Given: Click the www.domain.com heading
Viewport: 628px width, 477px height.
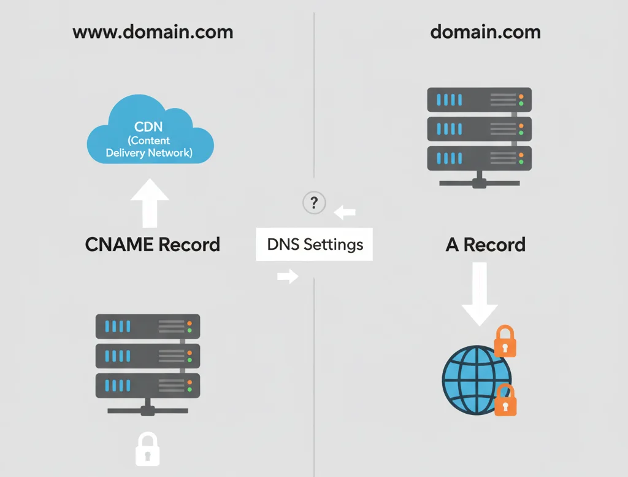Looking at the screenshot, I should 153,32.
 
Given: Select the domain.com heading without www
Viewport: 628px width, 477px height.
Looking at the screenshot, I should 485,32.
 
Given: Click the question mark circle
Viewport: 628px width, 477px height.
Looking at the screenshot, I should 314,203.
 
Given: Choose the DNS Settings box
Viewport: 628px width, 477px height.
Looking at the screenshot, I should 315,244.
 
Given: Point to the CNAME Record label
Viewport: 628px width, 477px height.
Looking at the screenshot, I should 152,244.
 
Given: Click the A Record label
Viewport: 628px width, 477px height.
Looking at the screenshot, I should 485,244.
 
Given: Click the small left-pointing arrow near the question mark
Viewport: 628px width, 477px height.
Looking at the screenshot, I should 345,213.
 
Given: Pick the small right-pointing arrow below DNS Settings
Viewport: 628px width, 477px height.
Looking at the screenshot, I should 287,276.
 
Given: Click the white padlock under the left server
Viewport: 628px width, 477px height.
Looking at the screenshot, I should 147,449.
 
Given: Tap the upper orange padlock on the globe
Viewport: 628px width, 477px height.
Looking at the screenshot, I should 505,342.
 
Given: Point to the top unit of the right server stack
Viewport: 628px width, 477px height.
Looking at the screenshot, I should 479,99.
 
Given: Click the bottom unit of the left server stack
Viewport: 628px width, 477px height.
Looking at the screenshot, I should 148,386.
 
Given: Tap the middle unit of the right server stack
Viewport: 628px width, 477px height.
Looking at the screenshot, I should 479,128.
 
